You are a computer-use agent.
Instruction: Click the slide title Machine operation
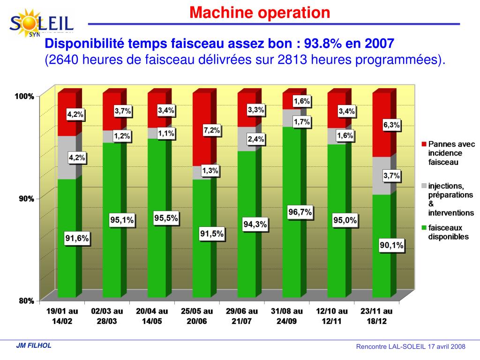click(x=260, y=13)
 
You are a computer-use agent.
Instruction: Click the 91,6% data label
click(x=77, y=239)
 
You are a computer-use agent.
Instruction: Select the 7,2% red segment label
click(x=211, y=130)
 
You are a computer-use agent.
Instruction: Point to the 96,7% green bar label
click(x=300, y=212)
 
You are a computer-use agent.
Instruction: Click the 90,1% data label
click(x=391, y=245)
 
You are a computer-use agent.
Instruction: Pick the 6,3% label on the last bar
click(x=391, y=125)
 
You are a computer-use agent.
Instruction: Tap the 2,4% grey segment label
click(x=256, y=139)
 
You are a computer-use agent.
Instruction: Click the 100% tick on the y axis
click(x=24, y=96)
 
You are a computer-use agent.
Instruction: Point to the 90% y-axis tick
click(x=26, y=198)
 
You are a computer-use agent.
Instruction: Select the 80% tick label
click(x=26, y=301)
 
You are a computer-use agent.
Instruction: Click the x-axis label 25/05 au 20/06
click(x=197, y=315)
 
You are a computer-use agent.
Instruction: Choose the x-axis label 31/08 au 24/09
click(x=287, y=315)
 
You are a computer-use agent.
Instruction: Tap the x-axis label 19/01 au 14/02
click(x=62, y=315)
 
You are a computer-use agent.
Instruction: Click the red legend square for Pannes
click(x=424, y=144)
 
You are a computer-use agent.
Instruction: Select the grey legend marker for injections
click(x=424, y=187)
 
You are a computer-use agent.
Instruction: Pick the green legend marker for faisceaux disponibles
click(x=424, y=228)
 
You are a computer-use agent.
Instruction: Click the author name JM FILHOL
click(x=34, y=346)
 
